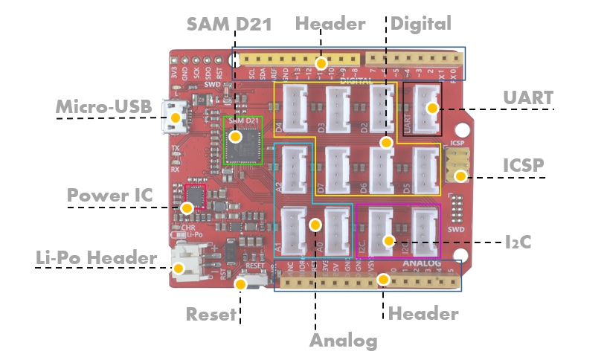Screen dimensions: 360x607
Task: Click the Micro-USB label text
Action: tap(104, 109)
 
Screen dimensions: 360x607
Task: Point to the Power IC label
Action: tap(110, 196)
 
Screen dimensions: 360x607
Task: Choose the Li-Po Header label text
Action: tap(97, 258)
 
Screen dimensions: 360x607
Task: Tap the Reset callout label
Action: tap(211, 313)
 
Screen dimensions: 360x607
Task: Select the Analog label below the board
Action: tap(343, 341)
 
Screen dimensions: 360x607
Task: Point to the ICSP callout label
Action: tap(524, 164)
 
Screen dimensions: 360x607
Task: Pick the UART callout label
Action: tap(528, 97)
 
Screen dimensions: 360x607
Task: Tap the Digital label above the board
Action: tap(421, 24)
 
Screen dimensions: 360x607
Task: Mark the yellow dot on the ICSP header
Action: tap(461, 176)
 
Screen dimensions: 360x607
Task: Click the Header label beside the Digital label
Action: tap(330, 24)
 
